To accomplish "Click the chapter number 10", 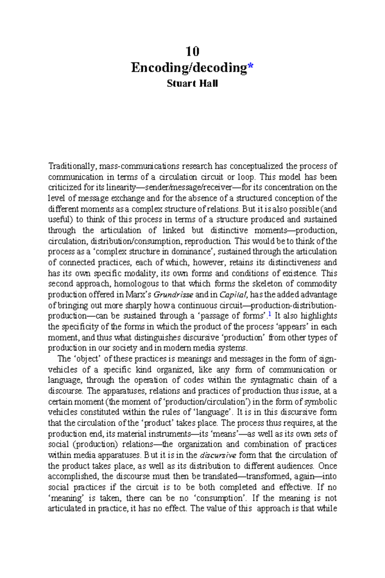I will tap(193, 51).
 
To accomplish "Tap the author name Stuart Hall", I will tap(193, 83).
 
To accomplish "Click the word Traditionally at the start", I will tap(72, 166).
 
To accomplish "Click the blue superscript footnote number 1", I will tap(270, 315).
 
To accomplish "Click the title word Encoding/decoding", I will tap(189, 68).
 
